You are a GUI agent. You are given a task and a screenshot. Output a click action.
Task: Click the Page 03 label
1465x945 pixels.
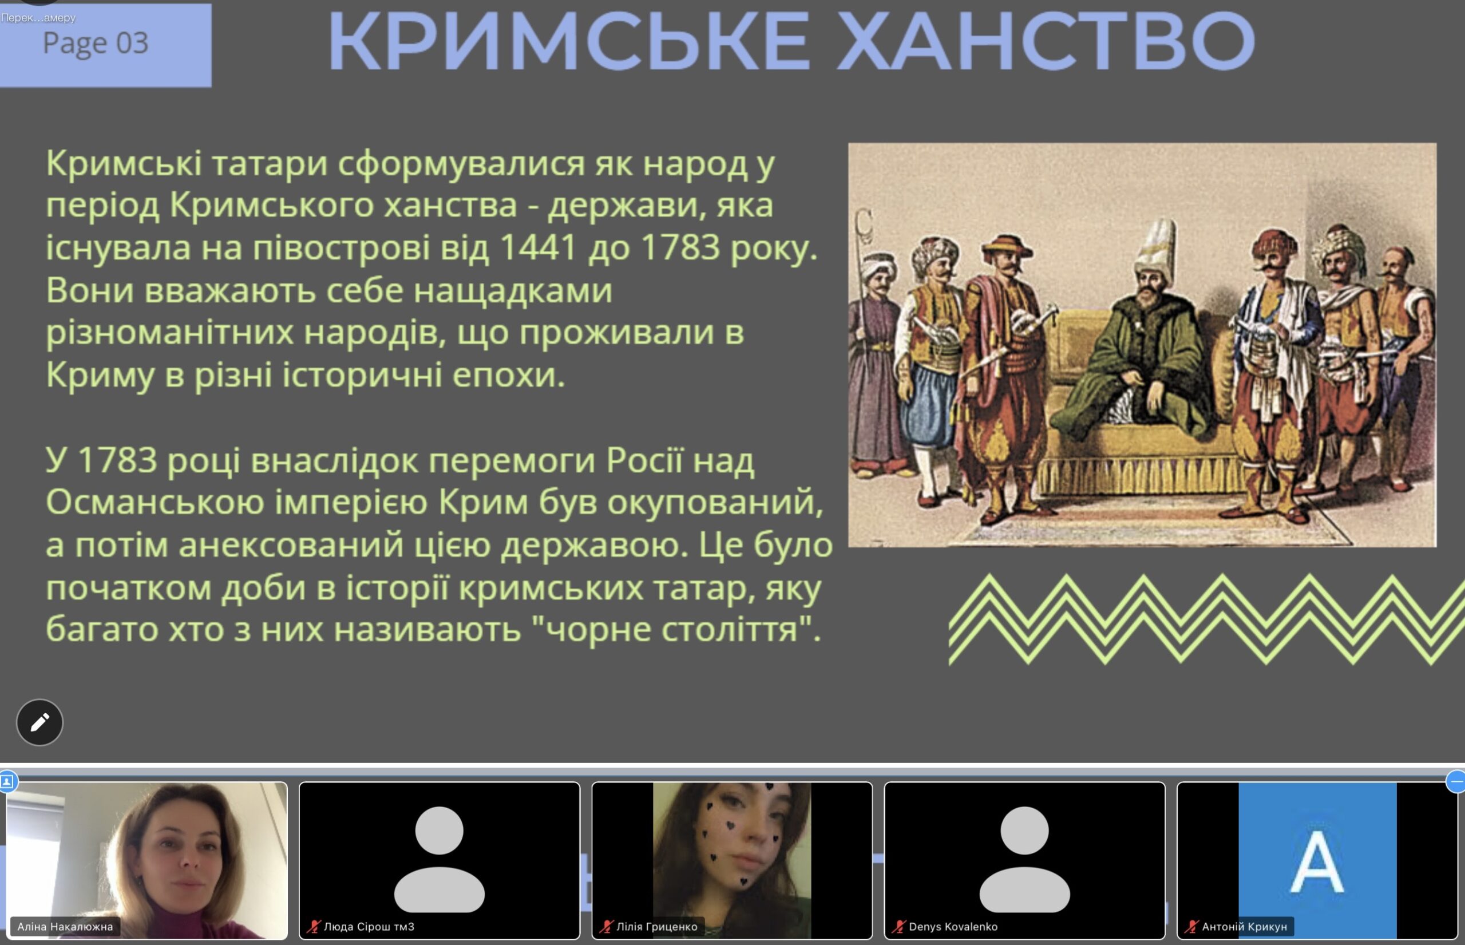coord(96,44)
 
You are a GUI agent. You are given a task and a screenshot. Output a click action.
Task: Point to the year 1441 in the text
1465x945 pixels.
coord(539,247)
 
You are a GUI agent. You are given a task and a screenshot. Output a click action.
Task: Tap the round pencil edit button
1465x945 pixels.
coord(40,722)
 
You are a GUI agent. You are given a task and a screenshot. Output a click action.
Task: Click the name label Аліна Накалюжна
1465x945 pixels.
coord(65,927)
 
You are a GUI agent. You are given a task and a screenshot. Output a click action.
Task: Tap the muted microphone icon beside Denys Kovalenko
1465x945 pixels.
coord(899,927)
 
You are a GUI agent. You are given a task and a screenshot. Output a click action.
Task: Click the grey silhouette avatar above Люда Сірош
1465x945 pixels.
coord(439,859)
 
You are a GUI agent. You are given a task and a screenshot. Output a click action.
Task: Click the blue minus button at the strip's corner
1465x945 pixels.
coord(1455,782)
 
